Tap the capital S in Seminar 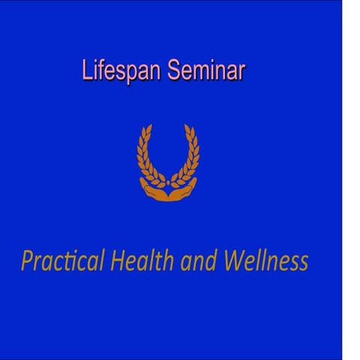[174, 70]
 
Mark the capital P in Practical [28, 261]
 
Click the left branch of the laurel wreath [146, 157]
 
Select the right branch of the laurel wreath [190, 157]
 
